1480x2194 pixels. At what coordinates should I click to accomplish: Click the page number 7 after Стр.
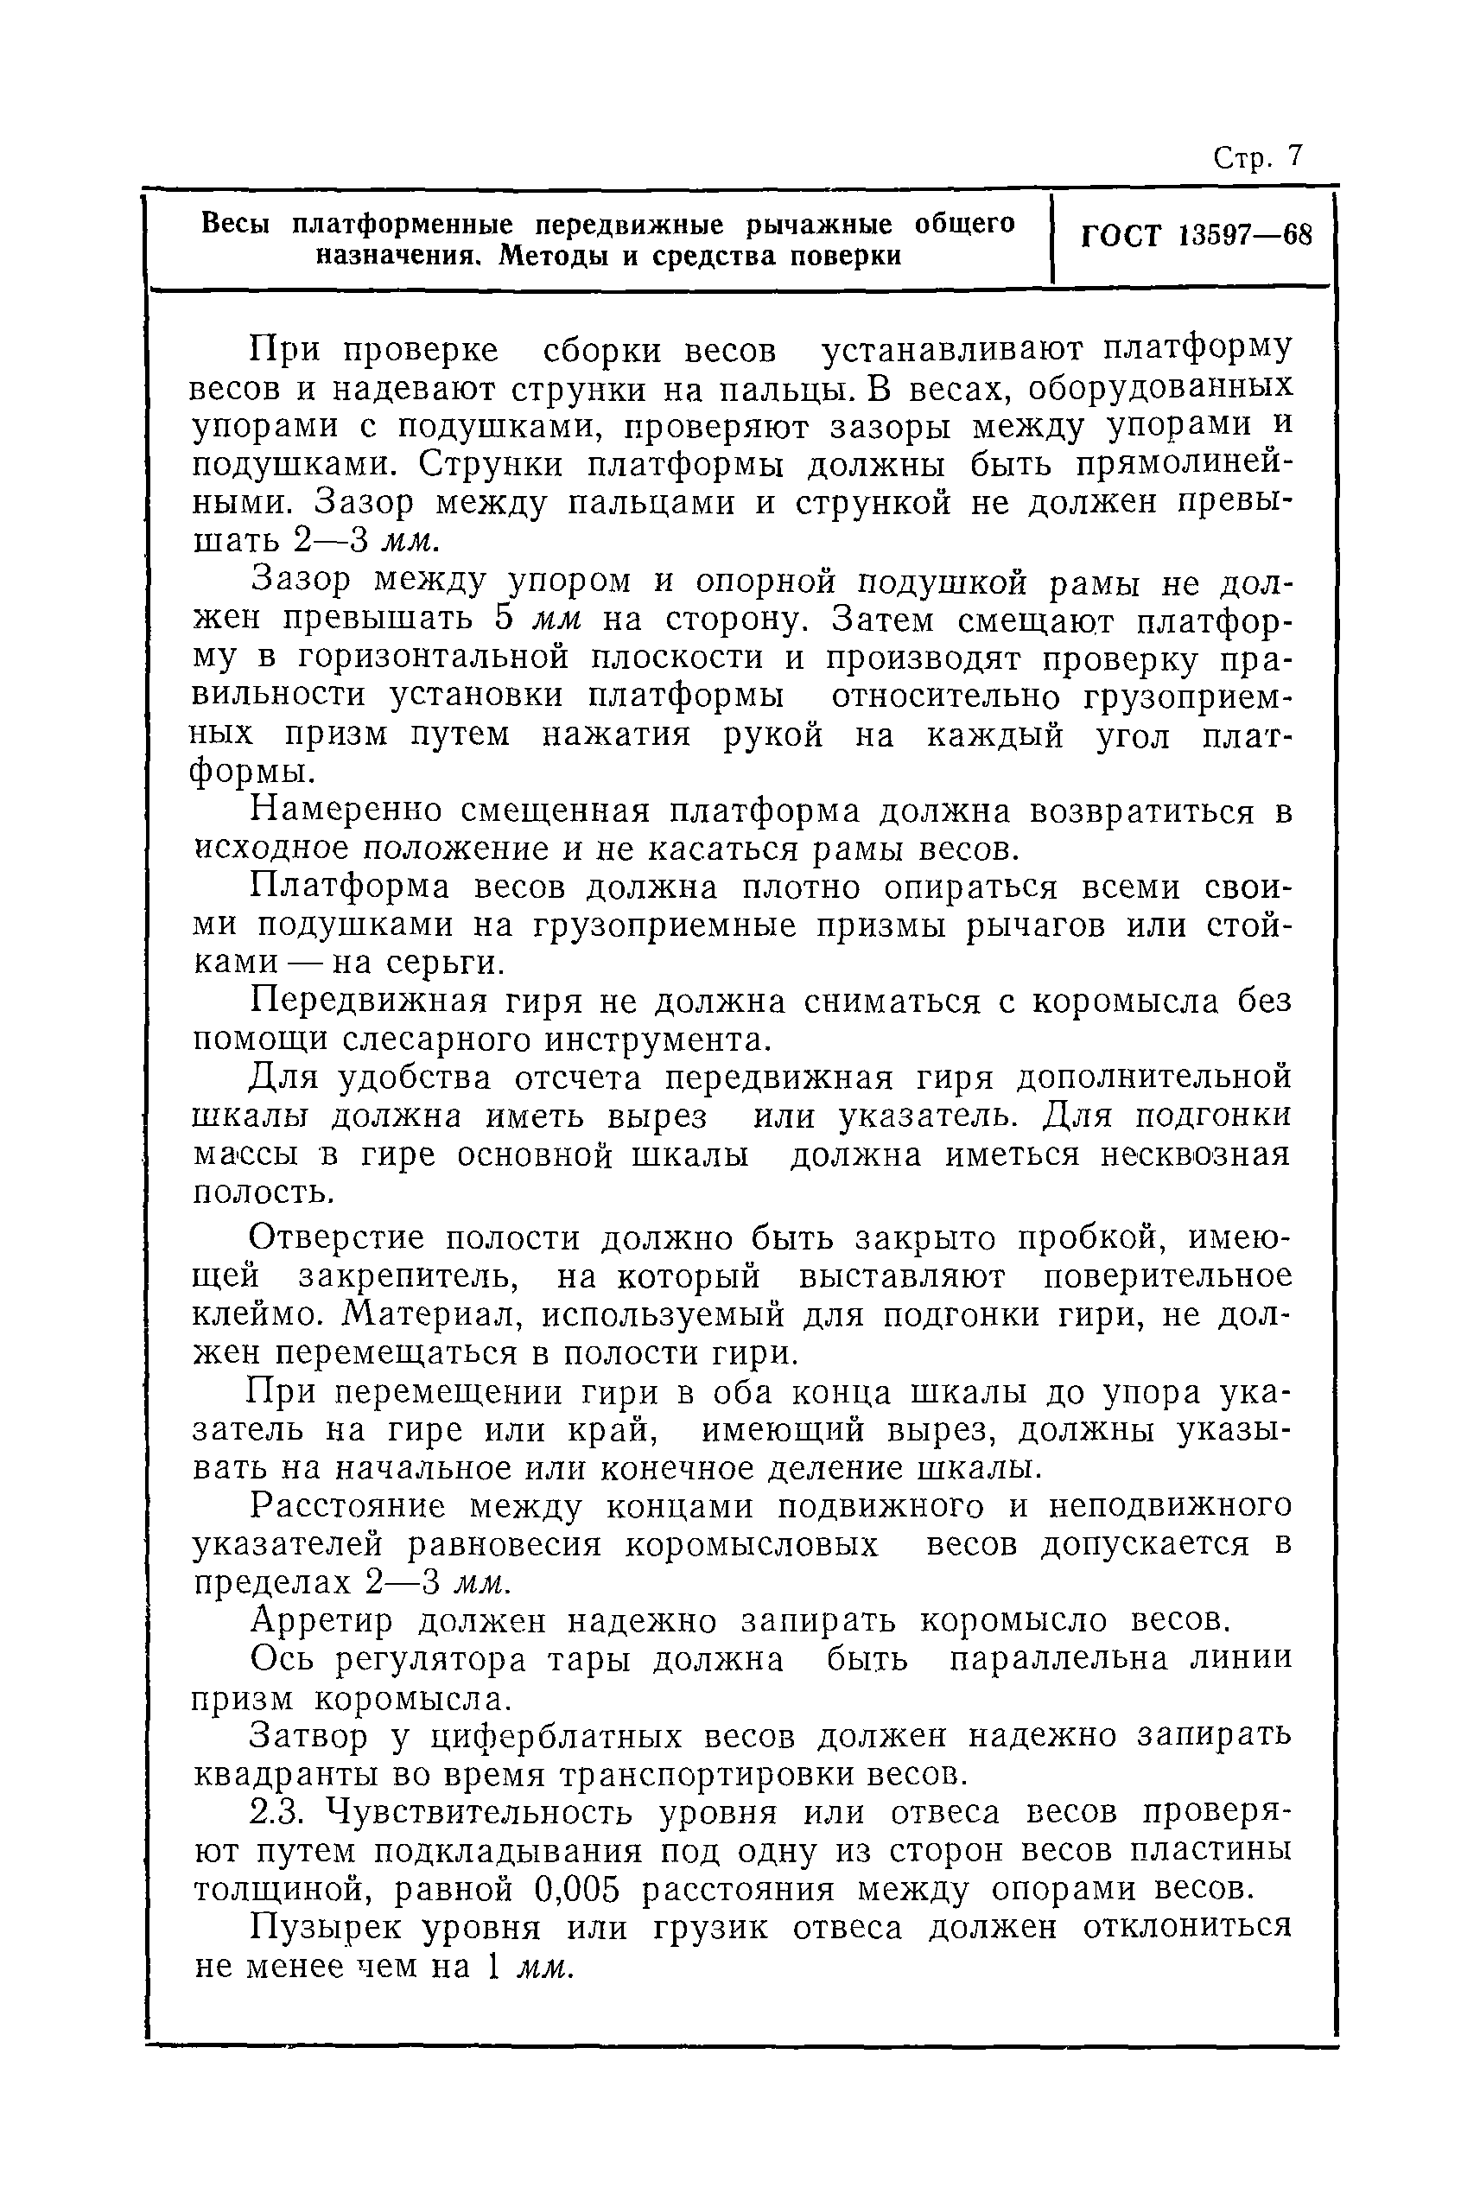click(1294, 156)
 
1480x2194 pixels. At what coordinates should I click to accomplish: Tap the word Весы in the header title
click(237, 224)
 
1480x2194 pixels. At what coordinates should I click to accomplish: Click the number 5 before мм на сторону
click(503, 620)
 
